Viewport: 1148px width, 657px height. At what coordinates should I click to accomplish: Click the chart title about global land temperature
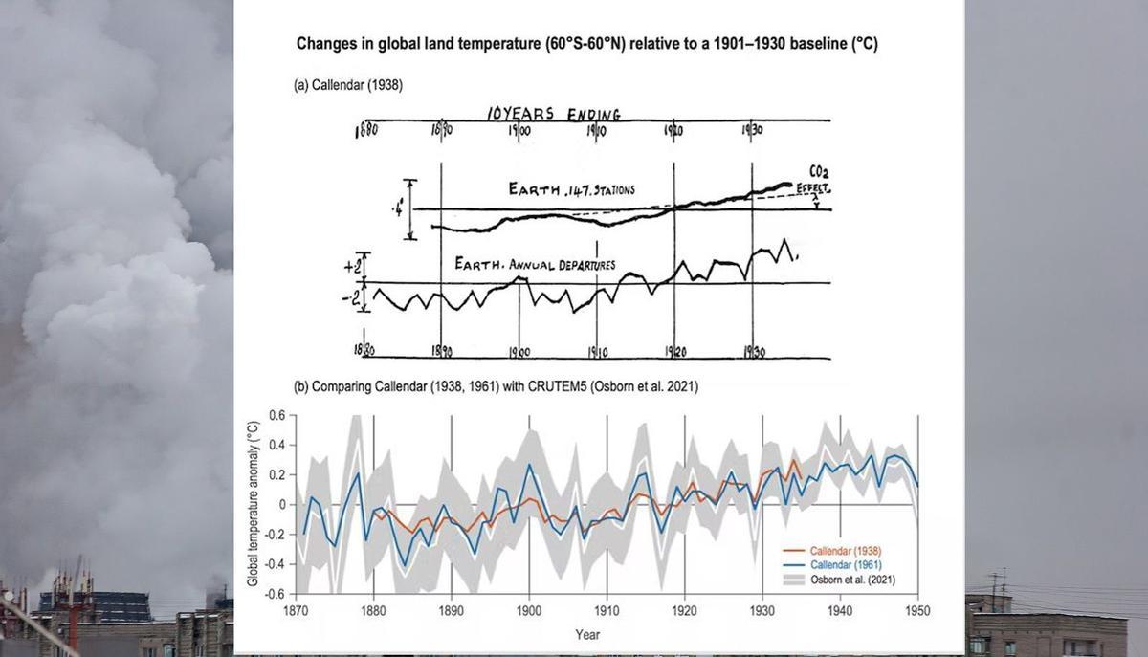pos(599,44)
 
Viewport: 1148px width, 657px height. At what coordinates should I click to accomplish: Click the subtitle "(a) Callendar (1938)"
pos(348,85)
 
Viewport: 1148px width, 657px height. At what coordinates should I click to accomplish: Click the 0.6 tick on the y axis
pos(276,415)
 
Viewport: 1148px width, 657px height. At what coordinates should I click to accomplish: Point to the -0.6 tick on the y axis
pos(275,594)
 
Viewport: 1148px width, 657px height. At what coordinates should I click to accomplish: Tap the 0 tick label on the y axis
pos(281,504)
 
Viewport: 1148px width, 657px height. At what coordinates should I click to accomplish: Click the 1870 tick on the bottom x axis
pos(296,610)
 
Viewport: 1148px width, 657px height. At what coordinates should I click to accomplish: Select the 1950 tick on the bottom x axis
pos(918,610)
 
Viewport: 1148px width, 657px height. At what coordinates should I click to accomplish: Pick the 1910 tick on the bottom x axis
pos(607,610)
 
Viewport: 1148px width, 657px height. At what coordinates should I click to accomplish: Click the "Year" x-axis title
pos(588,634)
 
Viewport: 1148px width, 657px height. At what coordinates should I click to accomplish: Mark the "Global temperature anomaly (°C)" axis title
pos(254,504)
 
